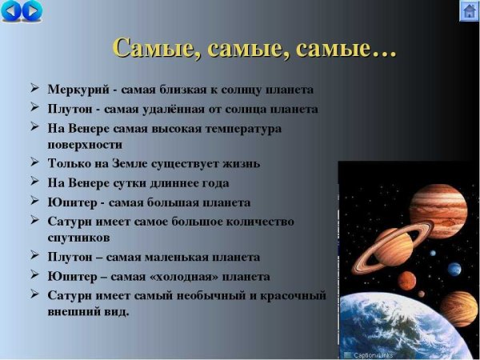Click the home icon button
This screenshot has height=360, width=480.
[469, 11]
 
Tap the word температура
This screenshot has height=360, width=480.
[238, 128]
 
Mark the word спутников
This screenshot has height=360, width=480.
[79, 238]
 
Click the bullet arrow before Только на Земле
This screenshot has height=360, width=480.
[35, 163]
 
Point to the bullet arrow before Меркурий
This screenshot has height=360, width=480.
[35, 88]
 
